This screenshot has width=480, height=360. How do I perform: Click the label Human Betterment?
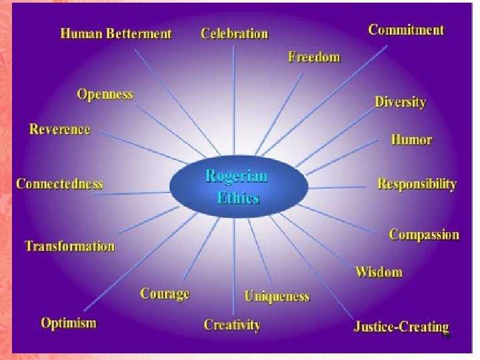(x=116, y=33)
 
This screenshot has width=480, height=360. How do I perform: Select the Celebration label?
(x=235, y=33)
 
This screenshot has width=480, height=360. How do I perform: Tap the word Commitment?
(x=406, y=29)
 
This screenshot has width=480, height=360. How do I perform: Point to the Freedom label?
(x=314, y=57)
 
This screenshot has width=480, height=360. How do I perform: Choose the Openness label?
(x=105, y=94)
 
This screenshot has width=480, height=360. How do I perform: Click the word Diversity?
(x=400, y=102)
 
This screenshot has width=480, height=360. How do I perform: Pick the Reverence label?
(x=60, y=129)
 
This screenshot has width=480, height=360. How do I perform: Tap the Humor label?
(x=411, y=140)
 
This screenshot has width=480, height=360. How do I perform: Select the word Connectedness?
(x=59, y=183)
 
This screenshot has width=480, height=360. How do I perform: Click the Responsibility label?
(x=417, y=183)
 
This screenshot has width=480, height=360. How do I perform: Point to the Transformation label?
(x=70, y=246)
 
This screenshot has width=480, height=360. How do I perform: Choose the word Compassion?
(x=424, y=235)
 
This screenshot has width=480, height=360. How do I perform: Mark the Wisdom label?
(x=379, y=272)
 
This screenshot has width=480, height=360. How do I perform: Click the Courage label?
(x=165, y=294)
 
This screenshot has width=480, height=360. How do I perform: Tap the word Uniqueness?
(x=277, y=296)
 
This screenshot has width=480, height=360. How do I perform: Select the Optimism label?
(x=69, y=323)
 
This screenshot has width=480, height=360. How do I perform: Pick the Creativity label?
(x=232, y=325)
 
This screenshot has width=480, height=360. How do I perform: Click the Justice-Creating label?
(x=401, y=327)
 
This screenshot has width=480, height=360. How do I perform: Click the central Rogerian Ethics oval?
(x=237, y=186)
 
